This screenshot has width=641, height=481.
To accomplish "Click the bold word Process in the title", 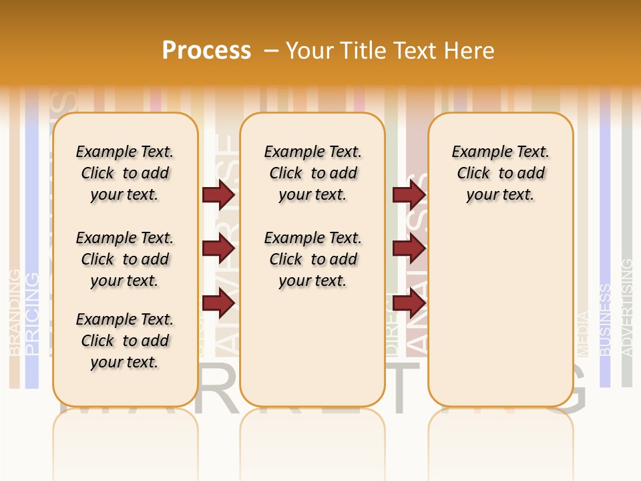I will click(206, 50).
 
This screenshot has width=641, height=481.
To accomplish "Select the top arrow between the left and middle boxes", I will click(218, 194).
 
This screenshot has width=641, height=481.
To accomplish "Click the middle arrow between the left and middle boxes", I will click(218, 249).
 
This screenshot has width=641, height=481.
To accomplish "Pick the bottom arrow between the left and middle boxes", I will click(218, 304).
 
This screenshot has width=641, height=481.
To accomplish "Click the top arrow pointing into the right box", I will click(409, 194).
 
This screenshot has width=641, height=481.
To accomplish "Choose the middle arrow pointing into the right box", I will click(409, 249).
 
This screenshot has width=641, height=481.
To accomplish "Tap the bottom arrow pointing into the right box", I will click(409, 304).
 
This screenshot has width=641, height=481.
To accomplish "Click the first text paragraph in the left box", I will click(125, 173).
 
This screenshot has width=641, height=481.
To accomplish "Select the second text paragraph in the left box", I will click(125, 259).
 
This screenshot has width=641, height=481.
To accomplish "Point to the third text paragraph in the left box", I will click(125, 341).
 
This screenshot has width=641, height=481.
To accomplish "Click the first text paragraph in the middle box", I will click(313, 173).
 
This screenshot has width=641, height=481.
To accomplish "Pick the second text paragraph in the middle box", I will click(313, 259).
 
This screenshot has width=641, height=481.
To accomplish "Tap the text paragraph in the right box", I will click(501, 173).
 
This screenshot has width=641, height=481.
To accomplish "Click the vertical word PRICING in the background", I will click(31, 313).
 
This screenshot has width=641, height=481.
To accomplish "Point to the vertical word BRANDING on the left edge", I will click(14, 311).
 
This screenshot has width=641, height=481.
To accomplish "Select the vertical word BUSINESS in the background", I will click(605, 319).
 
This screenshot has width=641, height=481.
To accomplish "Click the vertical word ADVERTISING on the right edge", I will click(627, 307).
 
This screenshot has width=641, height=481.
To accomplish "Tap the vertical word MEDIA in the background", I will click(583, 333).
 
